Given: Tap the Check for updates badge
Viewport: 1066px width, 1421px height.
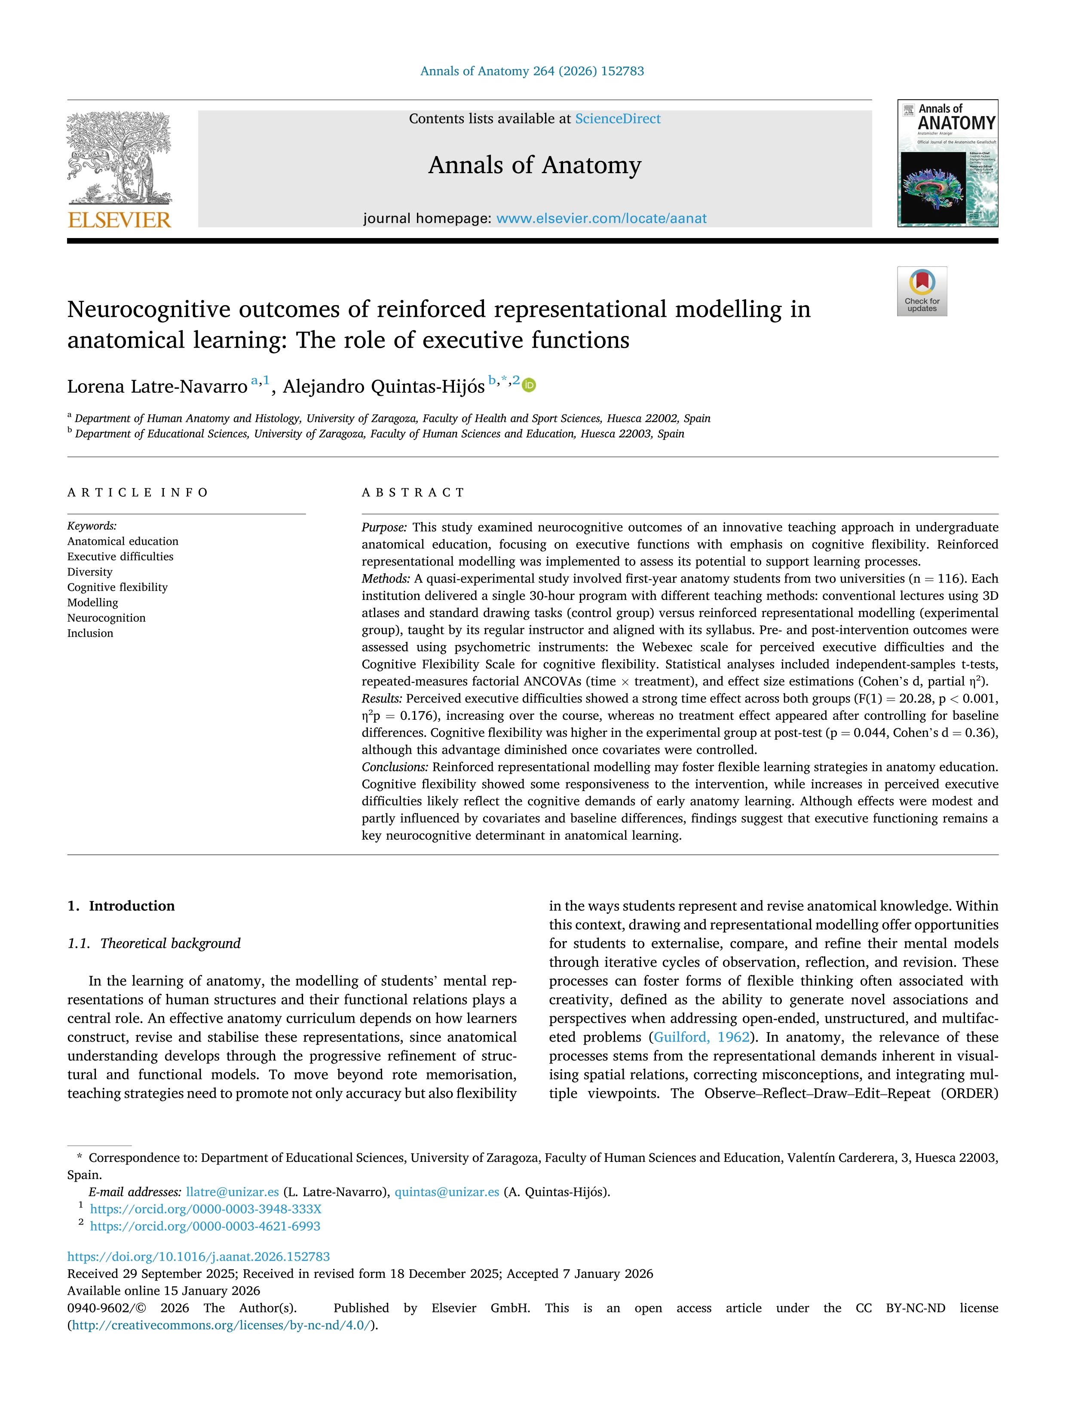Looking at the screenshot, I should (922, 291).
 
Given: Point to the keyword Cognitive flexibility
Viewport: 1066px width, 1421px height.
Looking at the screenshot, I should (118, 587).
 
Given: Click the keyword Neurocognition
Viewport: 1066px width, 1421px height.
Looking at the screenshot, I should (107, 618).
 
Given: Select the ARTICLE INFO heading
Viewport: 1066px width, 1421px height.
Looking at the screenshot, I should (138, 493).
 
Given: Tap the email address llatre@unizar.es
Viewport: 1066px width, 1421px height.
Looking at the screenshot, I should (232, 1192).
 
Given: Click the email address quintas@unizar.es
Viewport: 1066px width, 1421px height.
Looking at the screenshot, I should (447, 1192).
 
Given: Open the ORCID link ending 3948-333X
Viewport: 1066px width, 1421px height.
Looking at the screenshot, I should (205, 1209).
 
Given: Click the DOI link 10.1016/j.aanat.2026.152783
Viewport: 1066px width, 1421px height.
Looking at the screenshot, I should (199, 1256).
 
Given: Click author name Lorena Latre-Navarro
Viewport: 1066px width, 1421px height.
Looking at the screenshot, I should (157, 387).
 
